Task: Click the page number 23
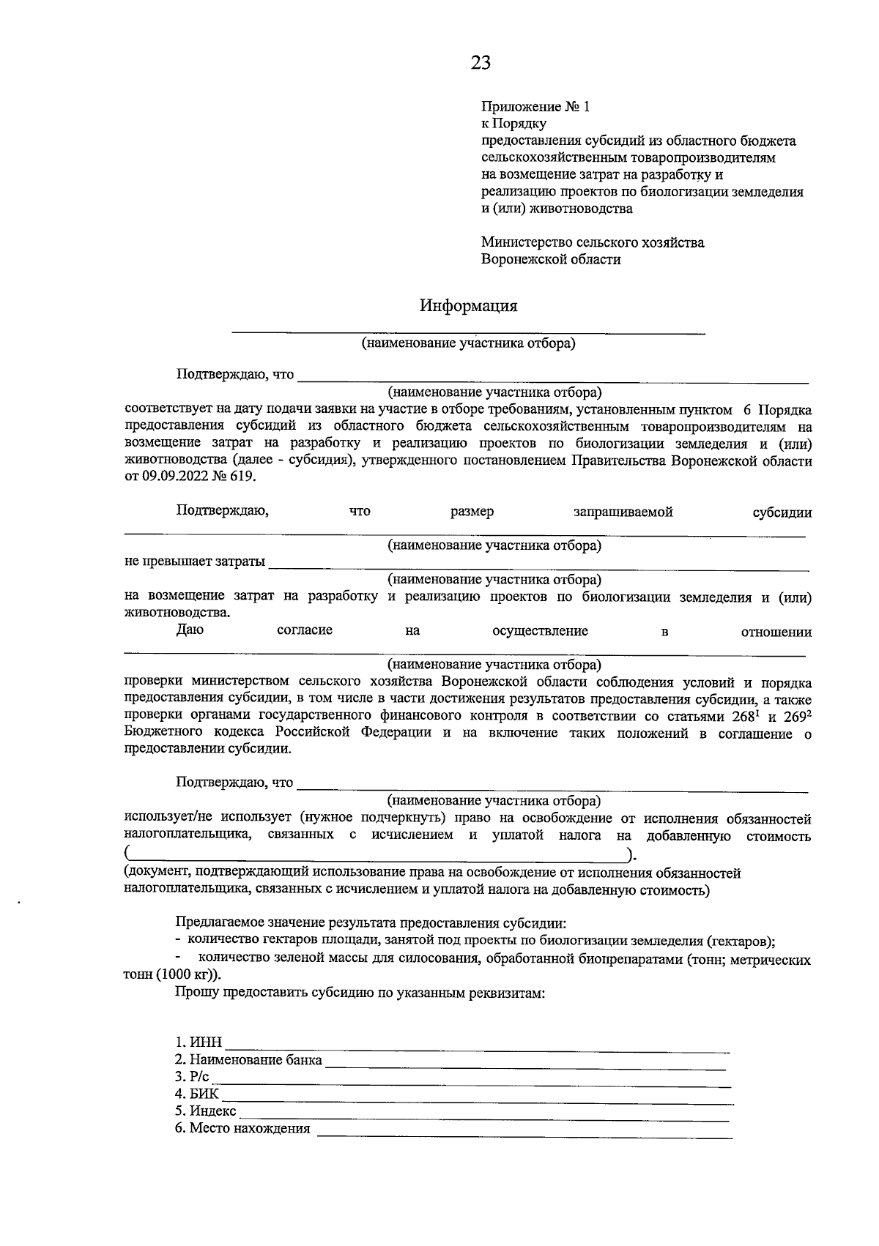pyautogui.click(x=481, y=63)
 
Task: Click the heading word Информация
pyautogui.click(x=468, y=305)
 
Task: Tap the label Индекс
pyautogui.click(x=212, y=1112)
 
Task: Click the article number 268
pyautogui.click(x=741, y=717)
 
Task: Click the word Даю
pyautogui.click(x=190, y=631)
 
